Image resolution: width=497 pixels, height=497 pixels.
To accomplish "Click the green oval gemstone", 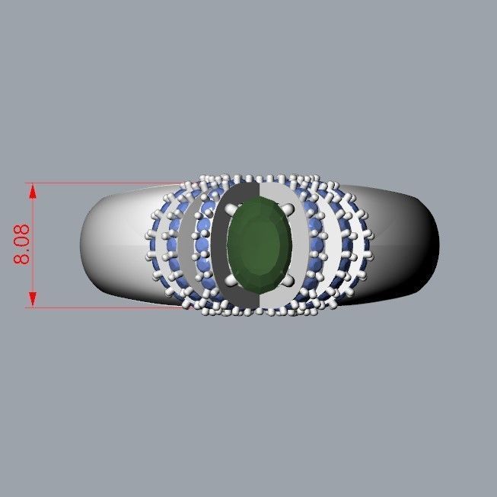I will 260,241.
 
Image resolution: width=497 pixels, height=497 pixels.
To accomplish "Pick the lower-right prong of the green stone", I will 291,280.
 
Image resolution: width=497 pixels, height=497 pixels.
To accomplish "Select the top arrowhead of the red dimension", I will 31,190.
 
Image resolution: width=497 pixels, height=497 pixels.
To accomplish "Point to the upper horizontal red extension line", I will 107,183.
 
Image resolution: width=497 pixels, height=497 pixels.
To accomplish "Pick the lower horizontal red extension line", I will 107,307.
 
